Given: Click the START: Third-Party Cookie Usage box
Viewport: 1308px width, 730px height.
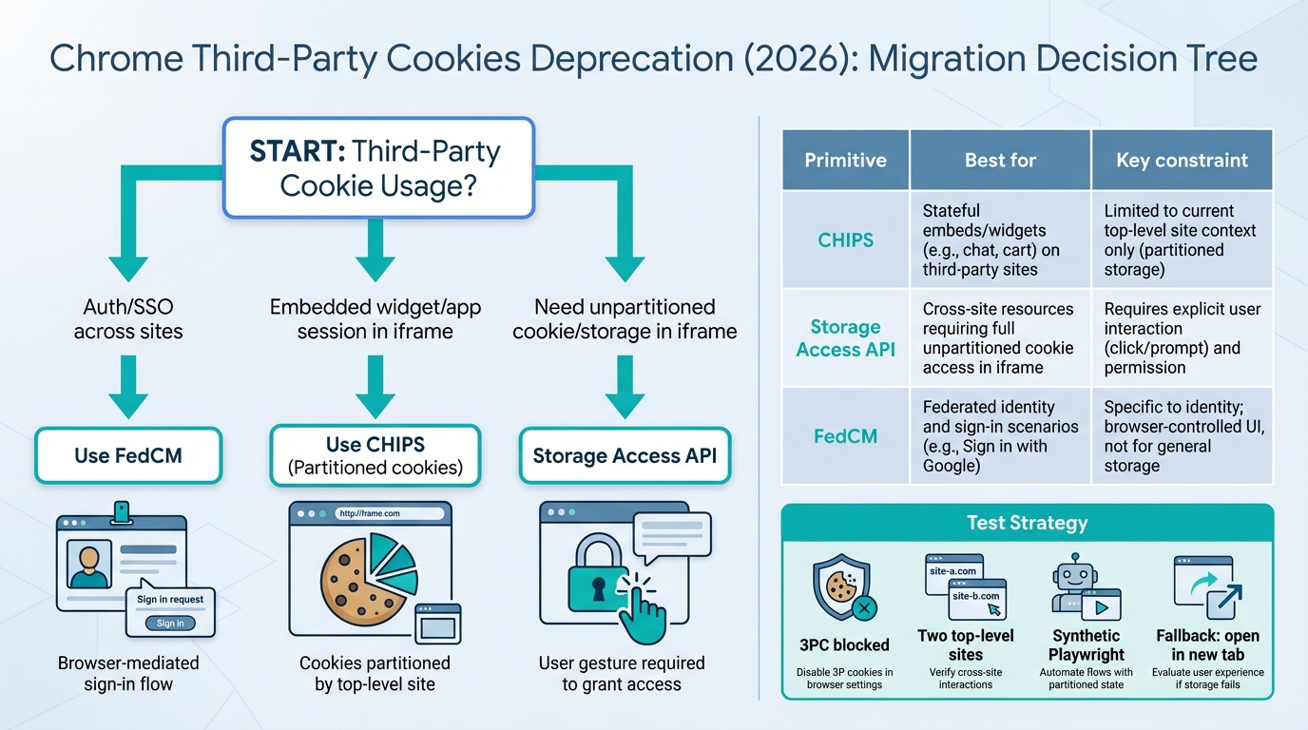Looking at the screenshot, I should coord(377,167).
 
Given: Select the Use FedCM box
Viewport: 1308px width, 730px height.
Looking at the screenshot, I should coord(128,455).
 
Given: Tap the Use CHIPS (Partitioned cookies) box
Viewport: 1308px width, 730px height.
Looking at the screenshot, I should coord(376,455).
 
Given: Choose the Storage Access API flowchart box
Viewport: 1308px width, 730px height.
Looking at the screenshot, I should coord(625,455).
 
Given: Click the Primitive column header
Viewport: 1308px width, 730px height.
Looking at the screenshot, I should coord(845,160).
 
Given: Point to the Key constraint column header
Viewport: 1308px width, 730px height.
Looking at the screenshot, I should coord(1182,160).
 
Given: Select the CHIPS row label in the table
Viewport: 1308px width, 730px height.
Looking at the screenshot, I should coord(845,240).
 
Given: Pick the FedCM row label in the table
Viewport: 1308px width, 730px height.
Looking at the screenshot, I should coord(845,436).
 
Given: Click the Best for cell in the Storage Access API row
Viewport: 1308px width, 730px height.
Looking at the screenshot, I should coord(998,338).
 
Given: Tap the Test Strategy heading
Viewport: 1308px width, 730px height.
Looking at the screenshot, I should coord(1027,523).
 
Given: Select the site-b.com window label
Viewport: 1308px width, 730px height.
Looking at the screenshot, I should coord(976,597).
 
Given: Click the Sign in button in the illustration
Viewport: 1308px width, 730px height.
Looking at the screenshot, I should coord(170,623).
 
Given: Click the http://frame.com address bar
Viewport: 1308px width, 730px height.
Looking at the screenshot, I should coord(390,513).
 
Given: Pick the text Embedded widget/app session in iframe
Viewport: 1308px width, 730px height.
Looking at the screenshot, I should coord(375,319).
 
